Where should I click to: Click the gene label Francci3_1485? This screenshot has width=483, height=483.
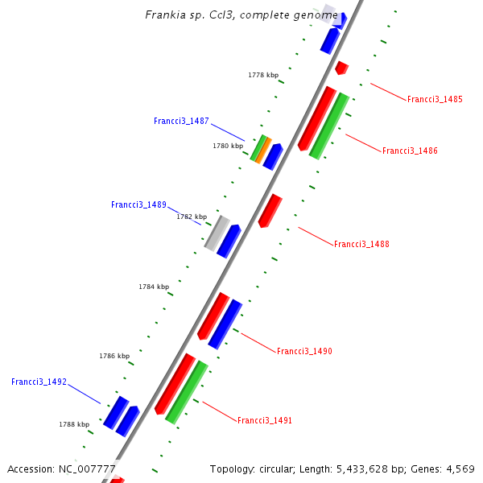[435, 100]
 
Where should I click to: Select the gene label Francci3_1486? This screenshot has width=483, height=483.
[410, 151]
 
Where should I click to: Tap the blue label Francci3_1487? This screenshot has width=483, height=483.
[181, 122]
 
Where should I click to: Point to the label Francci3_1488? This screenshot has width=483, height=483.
[361, 244]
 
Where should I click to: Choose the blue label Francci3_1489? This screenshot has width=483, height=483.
[138, 205]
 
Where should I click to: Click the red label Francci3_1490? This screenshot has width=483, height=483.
[304, 351]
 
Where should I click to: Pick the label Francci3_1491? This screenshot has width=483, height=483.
[264, 420]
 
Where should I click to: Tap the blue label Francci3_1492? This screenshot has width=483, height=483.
[39, 382]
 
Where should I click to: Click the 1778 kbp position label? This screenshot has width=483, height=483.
[263, 75]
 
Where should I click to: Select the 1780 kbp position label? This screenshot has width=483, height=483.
[228, 146]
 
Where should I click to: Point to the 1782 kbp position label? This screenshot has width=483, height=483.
[192, 217]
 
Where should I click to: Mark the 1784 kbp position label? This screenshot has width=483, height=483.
[154, 287]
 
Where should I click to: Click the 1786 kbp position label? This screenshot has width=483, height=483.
[114, 355]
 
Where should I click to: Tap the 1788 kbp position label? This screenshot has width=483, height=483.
[74, 424]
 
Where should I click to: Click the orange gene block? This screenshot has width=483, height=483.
[262, 150]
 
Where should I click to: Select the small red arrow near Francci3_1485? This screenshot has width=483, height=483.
[341, 68]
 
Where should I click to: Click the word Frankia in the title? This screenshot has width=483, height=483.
[164, 14]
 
